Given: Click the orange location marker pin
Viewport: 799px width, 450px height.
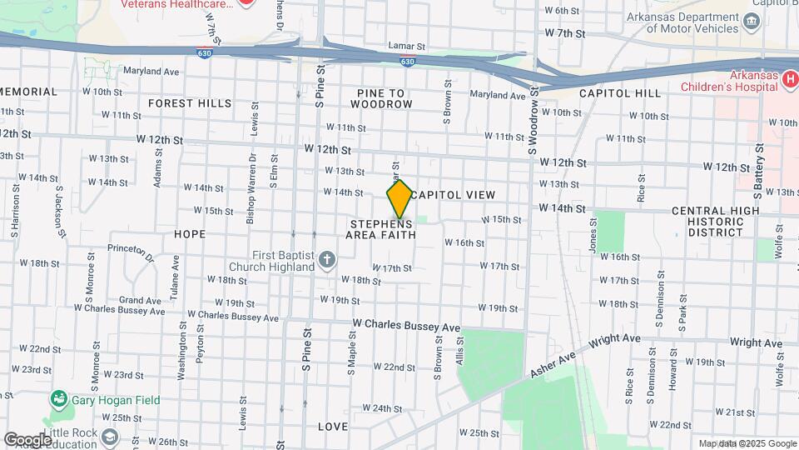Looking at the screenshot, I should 399,199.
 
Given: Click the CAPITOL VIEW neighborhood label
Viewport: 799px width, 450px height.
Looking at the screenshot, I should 454,194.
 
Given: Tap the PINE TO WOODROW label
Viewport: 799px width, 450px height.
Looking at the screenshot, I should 381,98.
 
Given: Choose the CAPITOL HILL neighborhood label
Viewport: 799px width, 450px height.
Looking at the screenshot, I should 620,93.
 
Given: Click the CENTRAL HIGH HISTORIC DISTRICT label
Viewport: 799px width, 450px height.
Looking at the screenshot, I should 716,221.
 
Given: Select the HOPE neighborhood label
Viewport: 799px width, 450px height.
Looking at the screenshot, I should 190,234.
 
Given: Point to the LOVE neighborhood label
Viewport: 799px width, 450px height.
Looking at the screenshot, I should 333,427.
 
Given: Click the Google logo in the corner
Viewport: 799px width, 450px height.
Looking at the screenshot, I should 27,439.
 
